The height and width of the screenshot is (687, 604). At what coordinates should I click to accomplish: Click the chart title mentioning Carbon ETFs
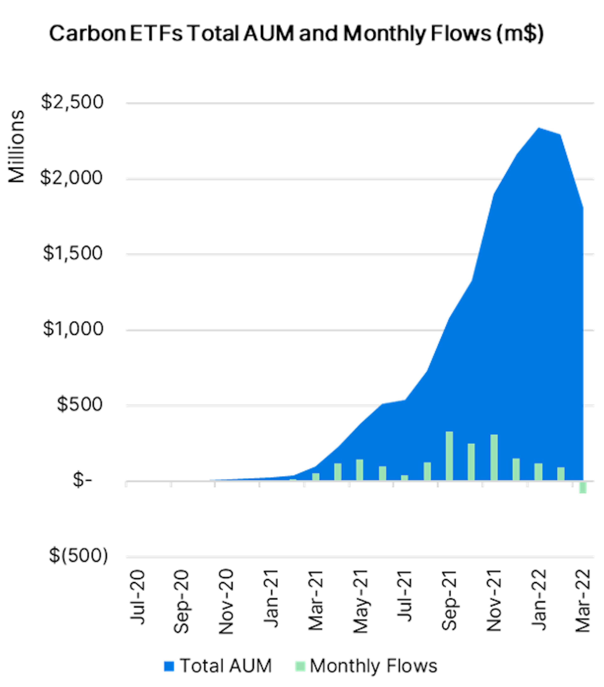coord(296,34)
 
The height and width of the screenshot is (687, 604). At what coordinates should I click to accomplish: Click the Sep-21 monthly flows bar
coord(449,456)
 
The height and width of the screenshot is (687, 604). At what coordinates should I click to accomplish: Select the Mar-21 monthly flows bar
coord(316,477)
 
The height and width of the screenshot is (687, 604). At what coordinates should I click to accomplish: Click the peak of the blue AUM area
coord(538,128)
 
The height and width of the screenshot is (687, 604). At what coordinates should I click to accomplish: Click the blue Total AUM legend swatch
coord(169,666)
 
